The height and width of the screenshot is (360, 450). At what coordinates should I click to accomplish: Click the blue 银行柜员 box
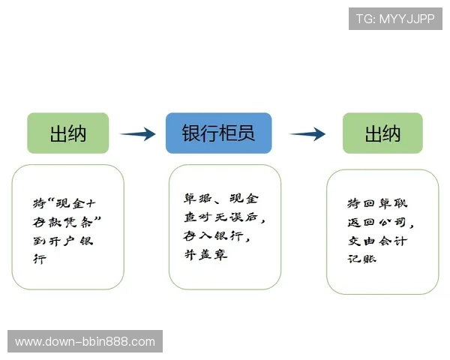(x=218, y=133)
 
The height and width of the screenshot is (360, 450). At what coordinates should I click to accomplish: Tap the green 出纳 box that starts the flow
(x=68, y=133)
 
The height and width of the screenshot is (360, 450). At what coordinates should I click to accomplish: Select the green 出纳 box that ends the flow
(x=382, y=133)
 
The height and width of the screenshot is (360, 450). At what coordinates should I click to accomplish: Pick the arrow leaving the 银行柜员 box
(x=307, y=134)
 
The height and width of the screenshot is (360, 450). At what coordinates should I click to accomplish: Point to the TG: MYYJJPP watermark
(x=395, y=19)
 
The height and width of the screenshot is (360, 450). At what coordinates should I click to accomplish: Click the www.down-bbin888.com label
(x=85, y=342)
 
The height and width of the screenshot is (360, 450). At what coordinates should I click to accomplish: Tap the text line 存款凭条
(x=67, y=222)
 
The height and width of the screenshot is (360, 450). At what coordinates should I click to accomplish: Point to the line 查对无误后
(x=225, y=218)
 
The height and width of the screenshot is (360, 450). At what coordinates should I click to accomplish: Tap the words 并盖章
(x=205, y=255)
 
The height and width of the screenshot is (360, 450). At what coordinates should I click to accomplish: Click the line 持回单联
(x=377, y=204)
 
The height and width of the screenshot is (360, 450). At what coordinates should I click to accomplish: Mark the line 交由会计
(x=377, y=241)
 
